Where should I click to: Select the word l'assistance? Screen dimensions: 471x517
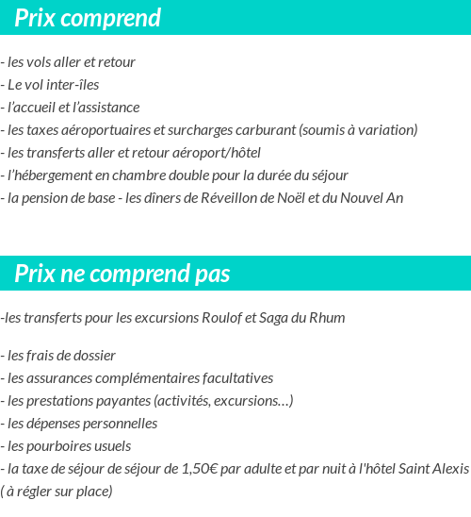pyautogui.click(x=106, y=108)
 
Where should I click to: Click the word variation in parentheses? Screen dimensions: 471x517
pyautogui.click(x=386, y=130)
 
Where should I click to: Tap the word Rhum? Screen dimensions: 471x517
pyautogui.click(x=327, y=318)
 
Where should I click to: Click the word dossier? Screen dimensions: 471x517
pyautogui.click(x=92, y=356)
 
